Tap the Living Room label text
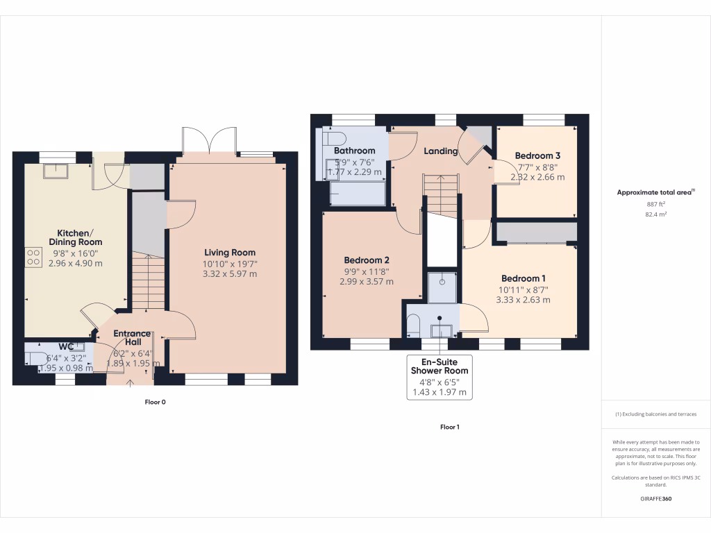click(229, 253)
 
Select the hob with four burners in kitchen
click(33, 257)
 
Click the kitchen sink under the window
click(54, 170)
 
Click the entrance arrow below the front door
click(132, 382)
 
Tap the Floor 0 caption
click(155, 402)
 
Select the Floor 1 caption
click(449, 427)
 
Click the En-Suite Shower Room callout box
click(439, 377)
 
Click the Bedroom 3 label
click(537, 155)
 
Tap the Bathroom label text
click(354, 151)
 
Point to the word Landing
click(441, 151)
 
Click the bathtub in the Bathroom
click(358, 194)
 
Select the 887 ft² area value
click(655, 205)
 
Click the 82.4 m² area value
click(655, 215)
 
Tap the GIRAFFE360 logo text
click(655, 498)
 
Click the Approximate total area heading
click(655, 193)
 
